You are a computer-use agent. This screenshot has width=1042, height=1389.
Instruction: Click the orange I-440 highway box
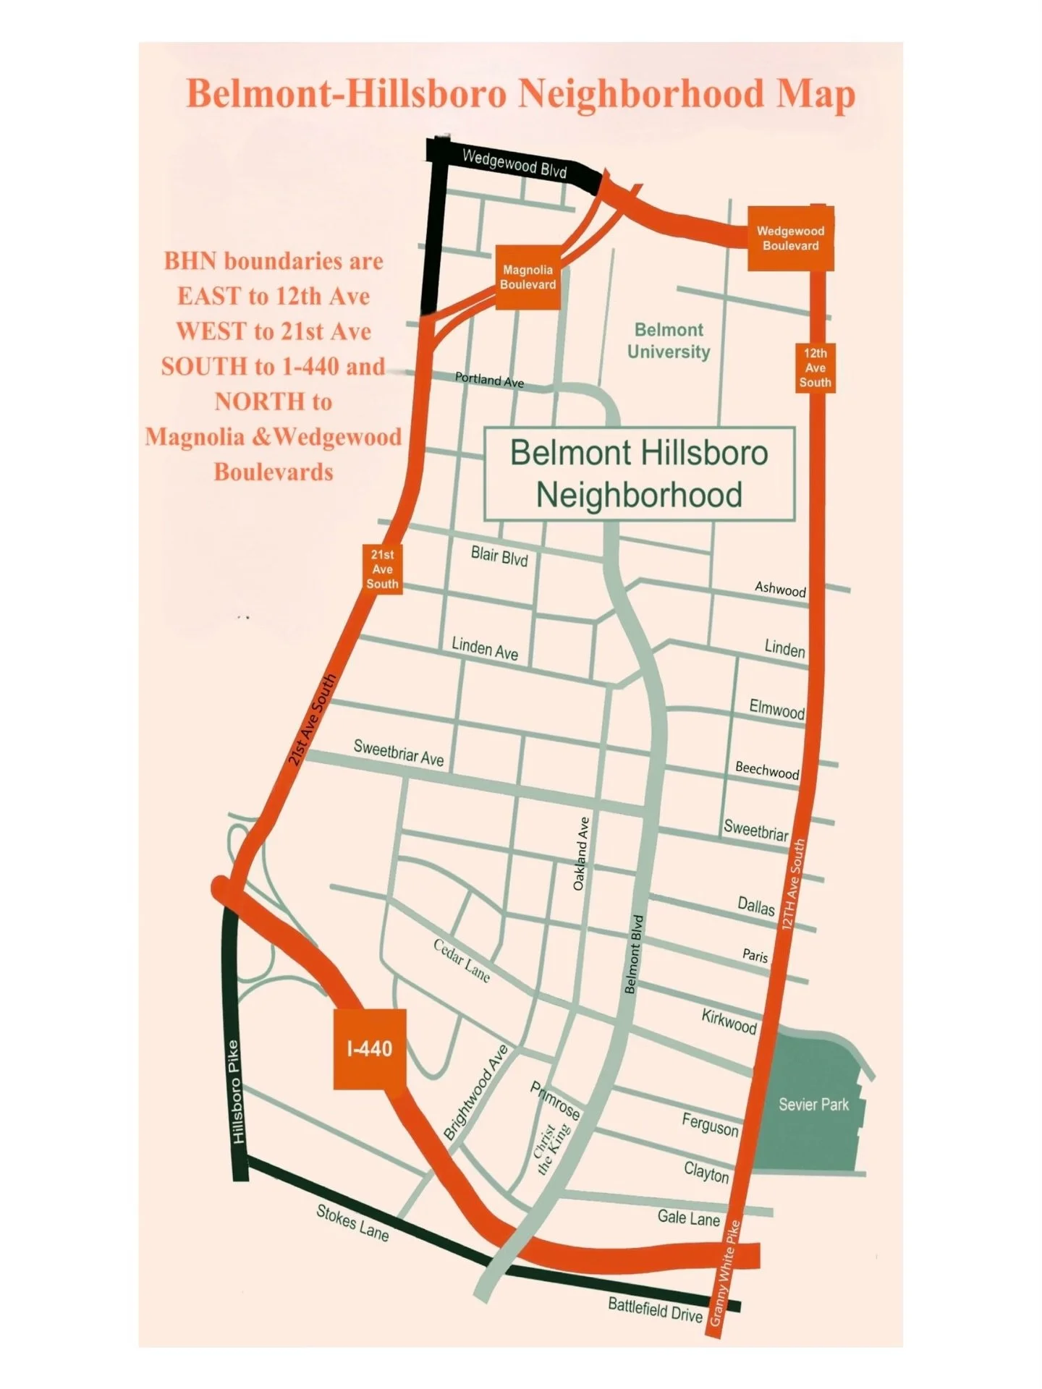pos(369,1048)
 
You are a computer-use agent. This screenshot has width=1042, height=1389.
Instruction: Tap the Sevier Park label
pos(813,1105)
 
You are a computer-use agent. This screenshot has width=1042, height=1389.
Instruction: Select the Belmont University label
pos(669,341)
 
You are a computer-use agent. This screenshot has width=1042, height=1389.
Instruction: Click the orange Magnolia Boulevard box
pos(528,277)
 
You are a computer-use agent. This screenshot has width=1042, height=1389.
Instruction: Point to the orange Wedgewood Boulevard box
pos(790,239)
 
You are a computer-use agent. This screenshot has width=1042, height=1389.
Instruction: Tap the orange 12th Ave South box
pos(816,368)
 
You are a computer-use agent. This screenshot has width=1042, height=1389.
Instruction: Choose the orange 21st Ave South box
pos(382,569)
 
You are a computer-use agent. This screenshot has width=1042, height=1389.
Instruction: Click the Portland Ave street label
pos(489,380)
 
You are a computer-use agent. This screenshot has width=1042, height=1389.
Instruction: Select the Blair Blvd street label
pos(499,556)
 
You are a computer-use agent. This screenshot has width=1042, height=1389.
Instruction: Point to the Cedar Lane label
pos(462,961)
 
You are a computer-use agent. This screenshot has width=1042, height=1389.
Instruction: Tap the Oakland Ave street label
pos(581,854)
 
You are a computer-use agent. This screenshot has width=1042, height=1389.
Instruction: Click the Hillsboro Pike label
pos(237,1092)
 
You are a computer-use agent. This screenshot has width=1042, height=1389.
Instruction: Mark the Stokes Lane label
pos(352,1223)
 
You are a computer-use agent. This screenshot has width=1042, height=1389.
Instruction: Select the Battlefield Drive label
pos(656,1309)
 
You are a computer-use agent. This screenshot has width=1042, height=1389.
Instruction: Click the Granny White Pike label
pos(725,1273)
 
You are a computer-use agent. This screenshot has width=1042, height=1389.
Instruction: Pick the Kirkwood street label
pos(729,1021)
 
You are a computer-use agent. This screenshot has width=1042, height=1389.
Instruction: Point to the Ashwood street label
pos(780,589)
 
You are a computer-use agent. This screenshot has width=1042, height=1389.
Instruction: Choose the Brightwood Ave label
pos(475,1092)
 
